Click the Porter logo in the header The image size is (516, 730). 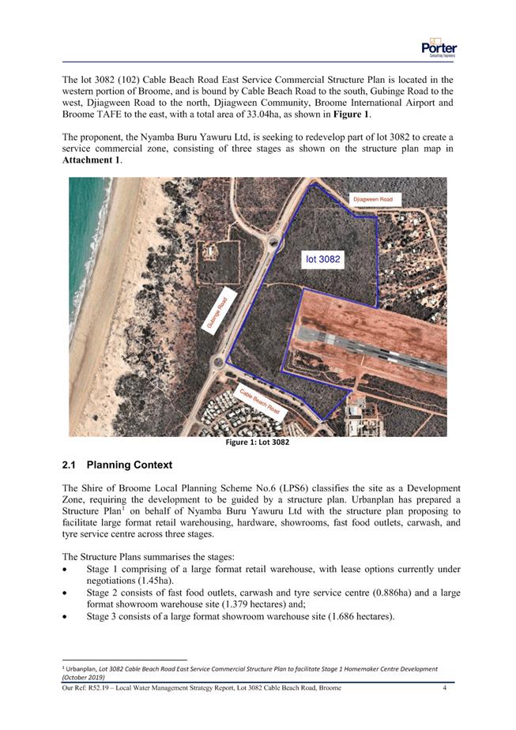[439, 47]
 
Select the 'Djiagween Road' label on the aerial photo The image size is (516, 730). [372, 200]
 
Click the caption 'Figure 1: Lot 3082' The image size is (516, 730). [258, 442]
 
